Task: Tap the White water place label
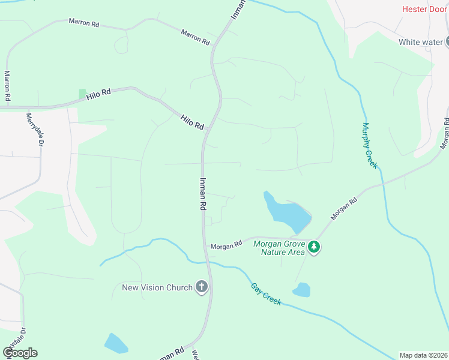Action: pyautogui.click(x=420, y=42)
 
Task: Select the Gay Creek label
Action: pyautogui.click(x=265, y=293)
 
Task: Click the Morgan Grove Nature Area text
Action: pyautogui.click(x=279, y=248)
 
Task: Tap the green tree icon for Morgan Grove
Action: pyautogui.click(x=313, y=247)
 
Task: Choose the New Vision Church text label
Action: pyautogui.click(x=157, y=287)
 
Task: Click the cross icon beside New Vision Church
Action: pyautogui.click(x=202, y=287)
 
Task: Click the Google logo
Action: pyautogui.click(x=20, y=353)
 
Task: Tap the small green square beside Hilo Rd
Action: pyautogui.click(x=82, y=94)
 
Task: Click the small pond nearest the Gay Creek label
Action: pyautogui.click(x=301, y=290)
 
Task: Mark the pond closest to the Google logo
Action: pyautogui.click(x=115, y=343)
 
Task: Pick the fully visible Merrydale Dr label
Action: pyautogui.click(x=32, y=128)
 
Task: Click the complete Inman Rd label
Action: pyautogui.click(x=203, y=193)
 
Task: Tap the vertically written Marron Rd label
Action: pyautogui.click(x=8, y=85)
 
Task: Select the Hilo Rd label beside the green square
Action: pyautogui.click(x=99, y=94)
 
